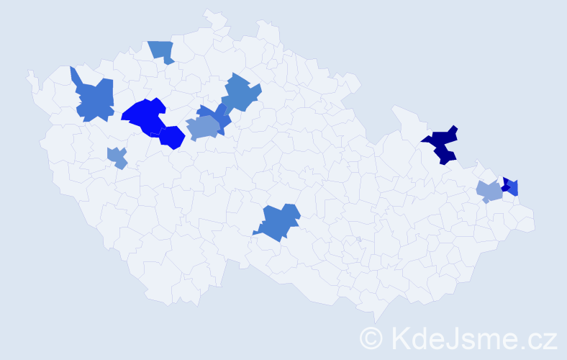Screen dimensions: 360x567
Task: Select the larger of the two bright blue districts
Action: coord(144,117)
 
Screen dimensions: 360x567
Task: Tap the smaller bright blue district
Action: coord(173,137)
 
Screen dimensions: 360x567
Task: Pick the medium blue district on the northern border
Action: coord(163,51)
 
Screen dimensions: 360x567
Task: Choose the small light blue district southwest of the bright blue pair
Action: coord(117,157)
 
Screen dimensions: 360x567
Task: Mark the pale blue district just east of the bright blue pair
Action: coord(201,129)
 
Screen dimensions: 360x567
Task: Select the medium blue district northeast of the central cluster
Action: coord(240,92)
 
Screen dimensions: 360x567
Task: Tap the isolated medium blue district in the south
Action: coord(278,222)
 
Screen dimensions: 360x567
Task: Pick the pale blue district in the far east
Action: coord(489,192)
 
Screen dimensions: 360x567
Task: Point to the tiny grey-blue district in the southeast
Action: coord(358,239)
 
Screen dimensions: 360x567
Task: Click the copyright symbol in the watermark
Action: coord(371,337)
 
